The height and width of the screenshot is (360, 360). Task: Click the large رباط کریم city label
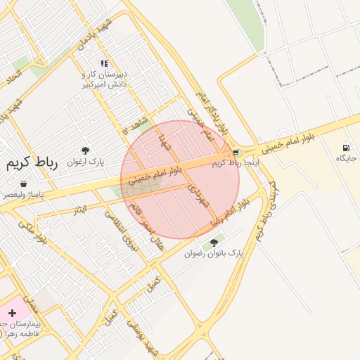click(32, 162)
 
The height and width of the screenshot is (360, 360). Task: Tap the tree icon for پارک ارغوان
click(86, 150)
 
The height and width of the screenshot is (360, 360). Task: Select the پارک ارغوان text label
click(86, 162)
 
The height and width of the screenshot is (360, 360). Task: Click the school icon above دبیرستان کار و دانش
click(104, 64)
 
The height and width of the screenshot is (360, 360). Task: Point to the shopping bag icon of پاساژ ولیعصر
click(24, 184)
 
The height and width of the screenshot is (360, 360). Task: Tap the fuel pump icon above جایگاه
click(345, 148)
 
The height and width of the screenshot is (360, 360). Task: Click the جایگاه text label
click(346, 158)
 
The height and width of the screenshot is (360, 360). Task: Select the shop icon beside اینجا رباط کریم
click(236, 153)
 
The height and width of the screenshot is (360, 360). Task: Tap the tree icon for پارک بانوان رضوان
click(214, 243)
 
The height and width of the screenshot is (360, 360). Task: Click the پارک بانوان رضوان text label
click(214, 252)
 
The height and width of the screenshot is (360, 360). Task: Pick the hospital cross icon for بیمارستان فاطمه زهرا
click(13, 313)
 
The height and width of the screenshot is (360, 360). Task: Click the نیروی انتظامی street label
click(119, 233)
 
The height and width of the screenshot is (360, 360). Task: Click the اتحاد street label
click(14, 77)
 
